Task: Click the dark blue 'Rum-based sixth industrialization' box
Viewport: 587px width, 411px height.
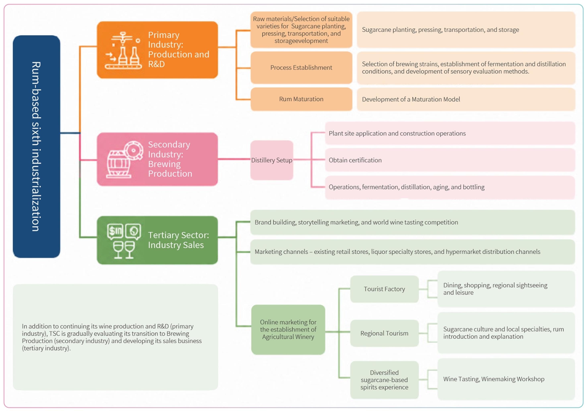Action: tap(37, 146)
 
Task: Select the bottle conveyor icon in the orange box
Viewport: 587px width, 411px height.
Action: tap(123, 51)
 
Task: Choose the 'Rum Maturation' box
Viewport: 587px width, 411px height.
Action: tap(301, 99)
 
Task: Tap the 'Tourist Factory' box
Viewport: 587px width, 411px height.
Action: tap(384, 289)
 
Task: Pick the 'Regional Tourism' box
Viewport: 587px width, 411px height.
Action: tap(384, 333)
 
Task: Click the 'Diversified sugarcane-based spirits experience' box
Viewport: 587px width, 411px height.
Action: tap(384, 380)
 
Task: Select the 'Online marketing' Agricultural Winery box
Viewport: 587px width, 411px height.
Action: tap(288, 330)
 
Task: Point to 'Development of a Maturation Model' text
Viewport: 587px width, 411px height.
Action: tap(411, 99)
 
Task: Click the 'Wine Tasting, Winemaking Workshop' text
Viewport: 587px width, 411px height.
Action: tap(494, 379)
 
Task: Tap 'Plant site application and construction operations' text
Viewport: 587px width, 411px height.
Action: tap(397, 133)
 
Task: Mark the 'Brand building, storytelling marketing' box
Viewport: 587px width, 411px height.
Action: tap(413, 222)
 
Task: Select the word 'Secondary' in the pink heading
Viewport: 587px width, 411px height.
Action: tap(169, 145)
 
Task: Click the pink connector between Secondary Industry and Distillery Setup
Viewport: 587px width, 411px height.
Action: tap(234, 159)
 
